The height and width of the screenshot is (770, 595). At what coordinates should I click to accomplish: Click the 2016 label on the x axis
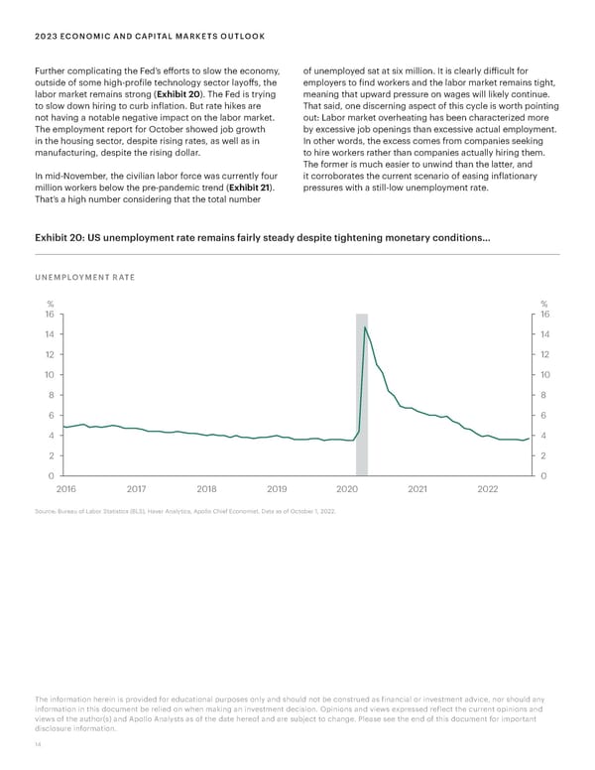pyautogui.click(x=66, y=489)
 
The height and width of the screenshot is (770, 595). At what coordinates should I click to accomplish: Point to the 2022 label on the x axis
pyautogui.click(x=488, y=489)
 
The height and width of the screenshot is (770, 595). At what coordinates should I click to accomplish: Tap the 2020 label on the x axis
pyautogui.click(x=347, y=489)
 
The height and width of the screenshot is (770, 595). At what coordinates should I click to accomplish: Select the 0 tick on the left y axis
pyautogui.click(x=50, y=476)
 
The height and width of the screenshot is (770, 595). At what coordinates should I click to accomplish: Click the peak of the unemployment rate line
pyautogui.click(x=365, y=326)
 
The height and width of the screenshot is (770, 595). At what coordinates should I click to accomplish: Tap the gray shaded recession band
pyautogui.click(x=362, y=417)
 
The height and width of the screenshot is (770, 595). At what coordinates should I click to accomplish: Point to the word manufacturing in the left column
pyautogui.click(x=66, y=156)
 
